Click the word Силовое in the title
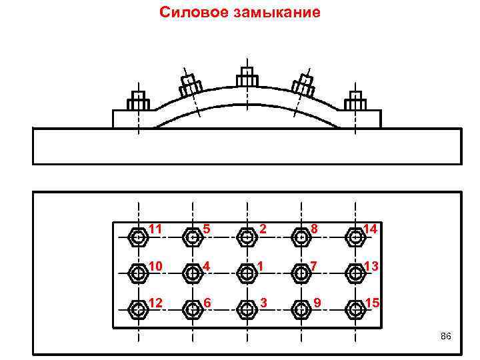[193, 12]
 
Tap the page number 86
[446, 336]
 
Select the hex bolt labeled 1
[247, 273]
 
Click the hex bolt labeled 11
[139, 236]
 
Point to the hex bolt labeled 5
[193, 236]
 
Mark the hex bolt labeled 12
[139, 309]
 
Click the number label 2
[263, 229]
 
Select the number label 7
[312, 267]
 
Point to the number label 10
[155, 267]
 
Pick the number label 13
[371, 267]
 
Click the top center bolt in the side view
[247, 76]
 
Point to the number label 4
[207, 267]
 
